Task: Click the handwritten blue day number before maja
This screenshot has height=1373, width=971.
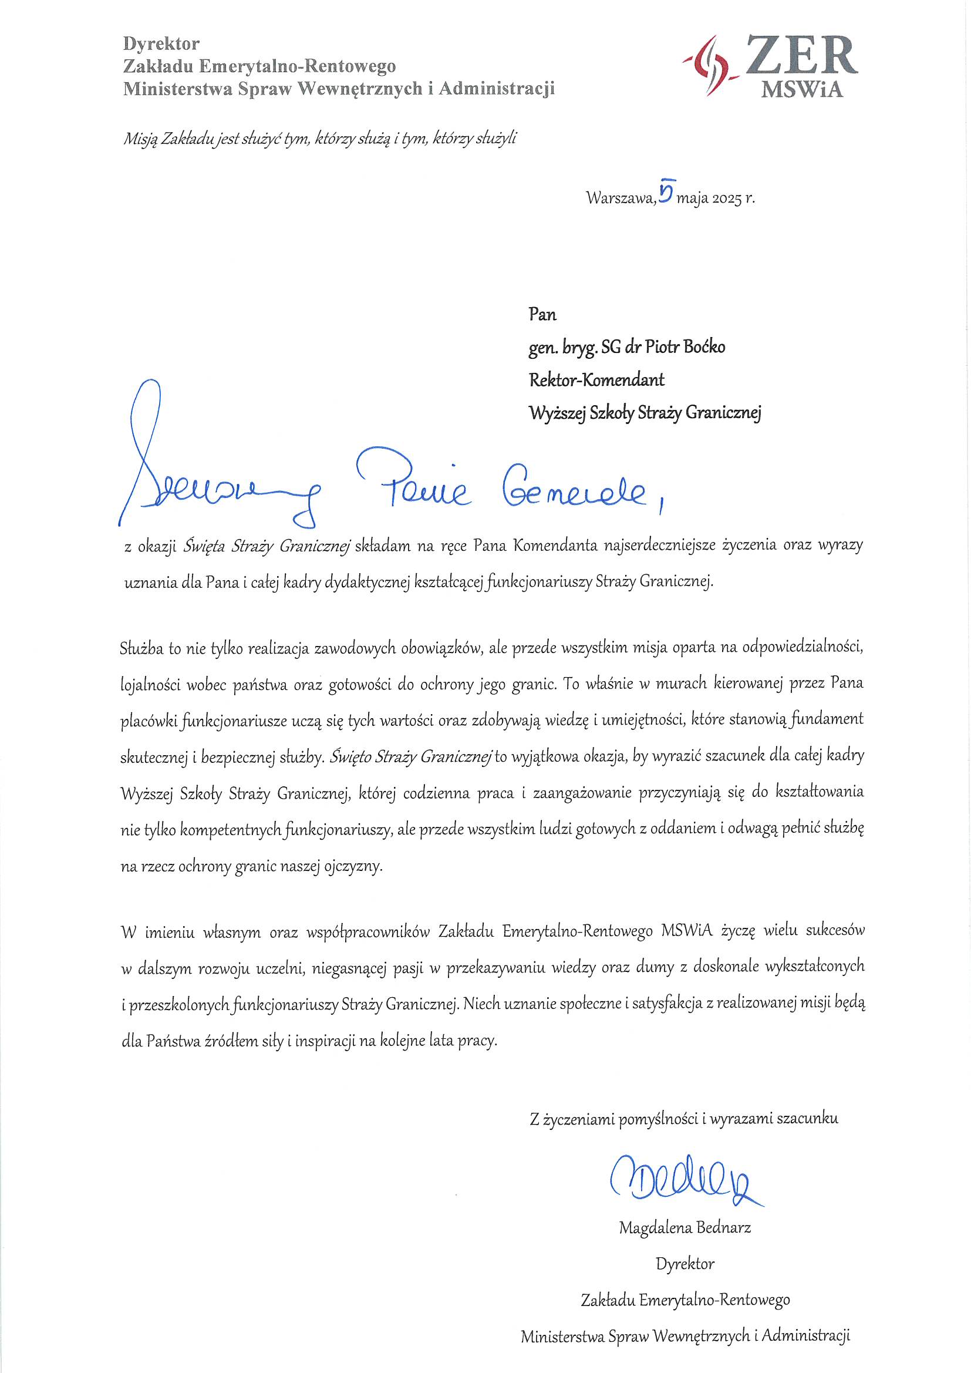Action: [666, 191]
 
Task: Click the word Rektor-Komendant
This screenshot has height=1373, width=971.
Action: [596, 380]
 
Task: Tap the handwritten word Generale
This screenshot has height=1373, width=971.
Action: [575, 492]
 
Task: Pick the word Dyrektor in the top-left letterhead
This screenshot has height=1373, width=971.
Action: [161, 43]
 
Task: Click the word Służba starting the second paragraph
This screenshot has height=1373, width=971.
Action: [141, 648]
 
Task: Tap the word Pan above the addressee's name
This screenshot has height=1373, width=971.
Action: [542, 315]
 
